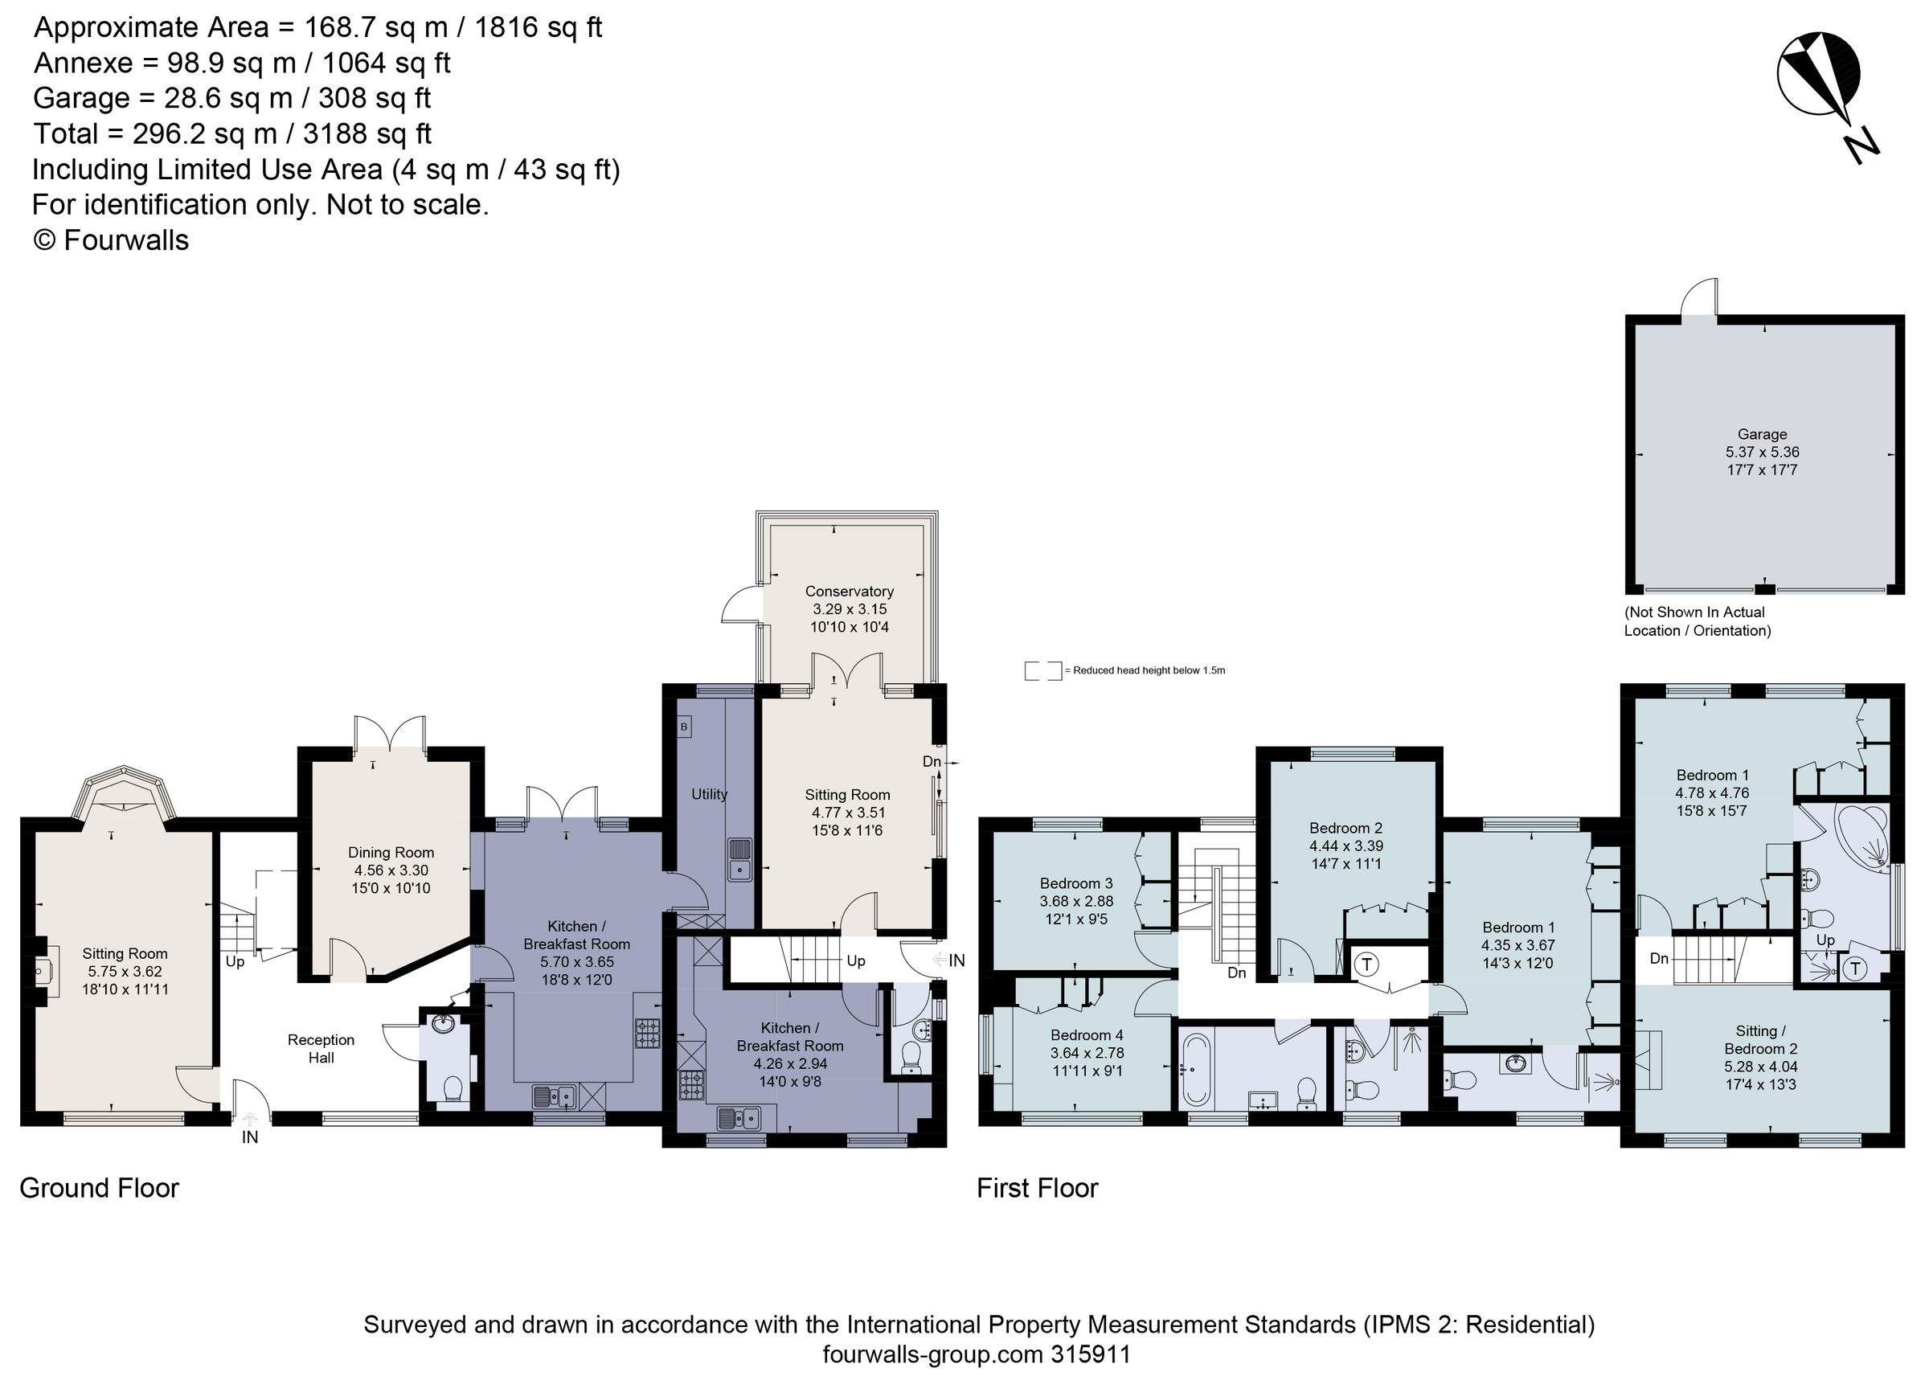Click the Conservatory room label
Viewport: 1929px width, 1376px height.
[x=849, y=592]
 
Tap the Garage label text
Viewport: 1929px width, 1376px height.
[x=1761, y=434]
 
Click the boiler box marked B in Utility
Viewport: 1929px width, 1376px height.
[x=684, y=726]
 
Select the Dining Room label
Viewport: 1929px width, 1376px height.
[x=391, y=853]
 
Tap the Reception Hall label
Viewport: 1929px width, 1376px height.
[x=320, y=1048]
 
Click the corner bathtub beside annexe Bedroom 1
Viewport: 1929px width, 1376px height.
[x=1862, y=838]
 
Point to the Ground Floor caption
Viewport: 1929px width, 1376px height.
[x=99, y=1188]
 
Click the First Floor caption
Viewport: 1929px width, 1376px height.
[x=1037, y=1188]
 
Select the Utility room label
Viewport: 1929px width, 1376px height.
[x=709, y=794]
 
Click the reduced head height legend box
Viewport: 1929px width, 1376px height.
[x=1042, y=670]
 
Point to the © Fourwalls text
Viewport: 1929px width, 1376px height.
[x=111, y=240]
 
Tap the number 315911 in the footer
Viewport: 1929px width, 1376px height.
[x=1091, y=1354]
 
